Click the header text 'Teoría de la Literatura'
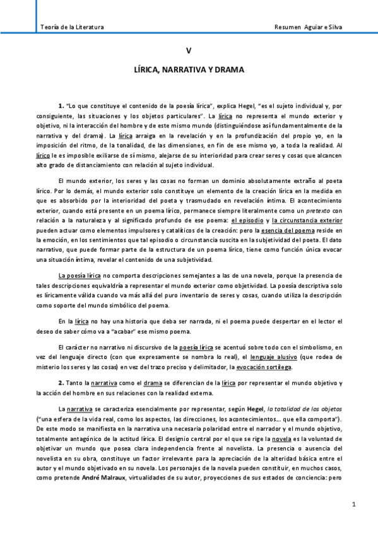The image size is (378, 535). click(x=72, y=28)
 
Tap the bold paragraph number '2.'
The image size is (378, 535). click(x=61, y=383)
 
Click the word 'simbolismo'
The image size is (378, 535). click(x=297, y=347)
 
